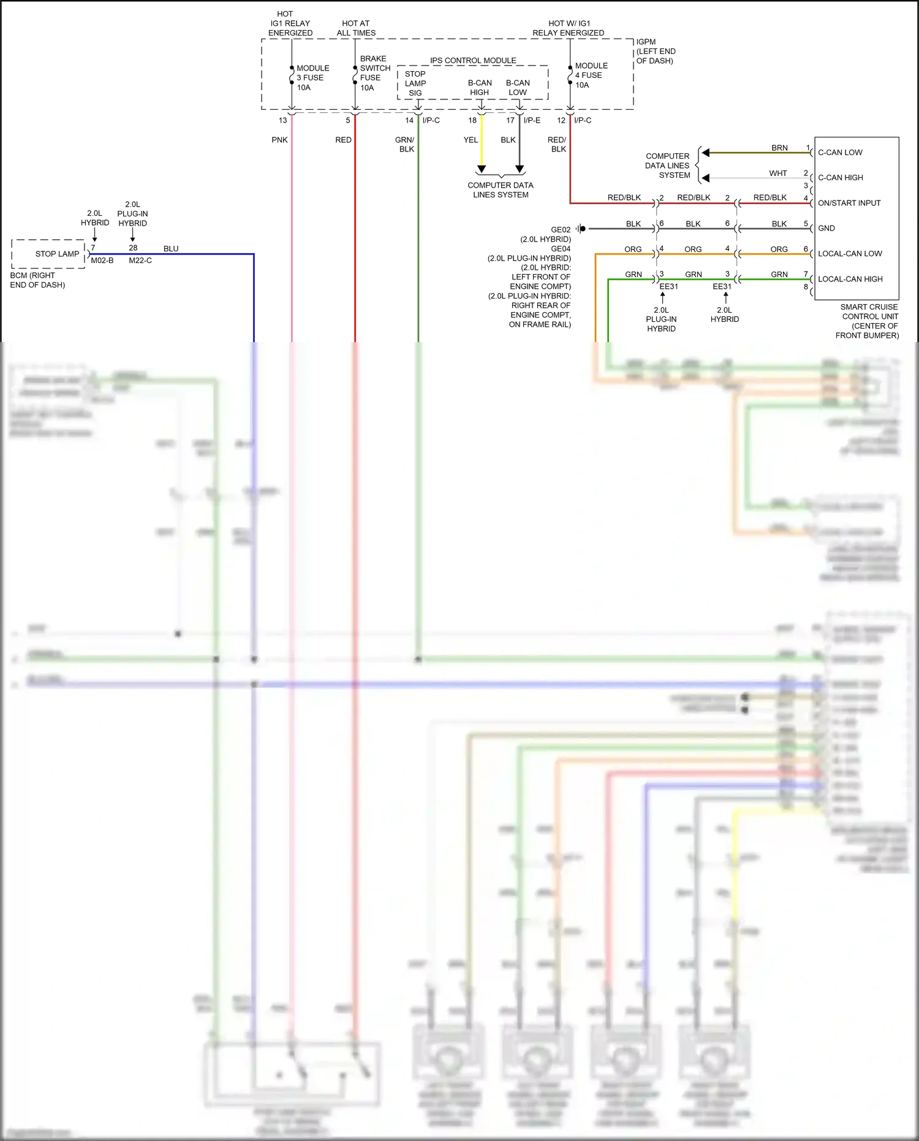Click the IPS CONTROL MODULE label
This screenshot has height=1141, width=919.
(x=473, y=61)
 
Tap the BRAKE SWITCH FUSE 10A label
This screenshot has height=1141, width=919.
(x=374, y=73)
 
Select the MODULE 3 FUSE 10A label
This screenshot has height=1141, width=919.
(x=312, y=78)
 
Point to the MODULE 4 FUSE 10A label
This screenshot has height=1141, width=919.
(x=591, y=75)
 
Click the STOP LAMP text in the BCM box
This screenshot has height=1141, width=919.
(x=57, y=254)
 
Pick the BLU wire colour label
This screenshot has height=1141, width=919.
(x=171, y=248)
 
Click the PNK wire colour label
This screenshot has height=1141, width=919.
(x=279, y=140)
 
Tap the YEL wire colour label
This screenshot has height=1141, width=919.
(x=471, y=140)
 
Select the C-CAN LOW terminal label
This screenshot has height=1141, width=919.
(x=840, y=153)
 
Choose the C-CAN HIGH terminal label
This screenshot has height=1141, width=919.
(x=841, y=178)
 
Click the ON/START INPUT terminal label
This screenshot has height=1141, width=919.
(x=849, y=203)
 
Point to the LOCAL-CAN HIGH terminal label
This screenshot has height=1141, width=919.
(x=850, y=279)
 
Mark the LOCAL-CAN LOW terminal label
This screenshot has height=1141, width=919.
(x=850, y=254)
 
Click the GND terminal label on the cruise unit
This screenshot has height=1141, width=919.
(x=826, y=228)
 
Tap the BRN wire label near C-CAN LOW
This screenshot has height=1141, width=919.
(x=779, y=148)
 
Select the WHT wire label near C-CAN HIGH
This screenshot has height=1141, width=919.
(x=778, y=174)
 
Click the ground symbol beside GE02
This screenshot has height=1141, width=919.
(x=580, y=229)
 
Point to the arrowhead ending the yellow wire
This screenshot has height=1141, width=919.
(x=482, y=169)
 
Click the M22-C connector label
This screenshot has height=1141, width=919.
(x=140, y=261)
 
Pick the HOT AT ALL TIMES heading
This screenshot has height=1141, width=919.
(x=356, y=28)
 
